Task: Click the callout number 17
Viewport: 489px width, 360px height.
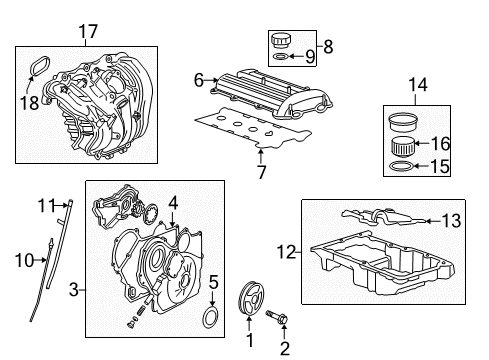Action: [x=88, y=32]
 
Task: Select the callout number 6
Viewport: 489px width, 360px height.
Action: [x=199, y=79]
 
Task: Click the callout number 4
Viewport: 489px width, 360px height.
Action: [x=173, y=202]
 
